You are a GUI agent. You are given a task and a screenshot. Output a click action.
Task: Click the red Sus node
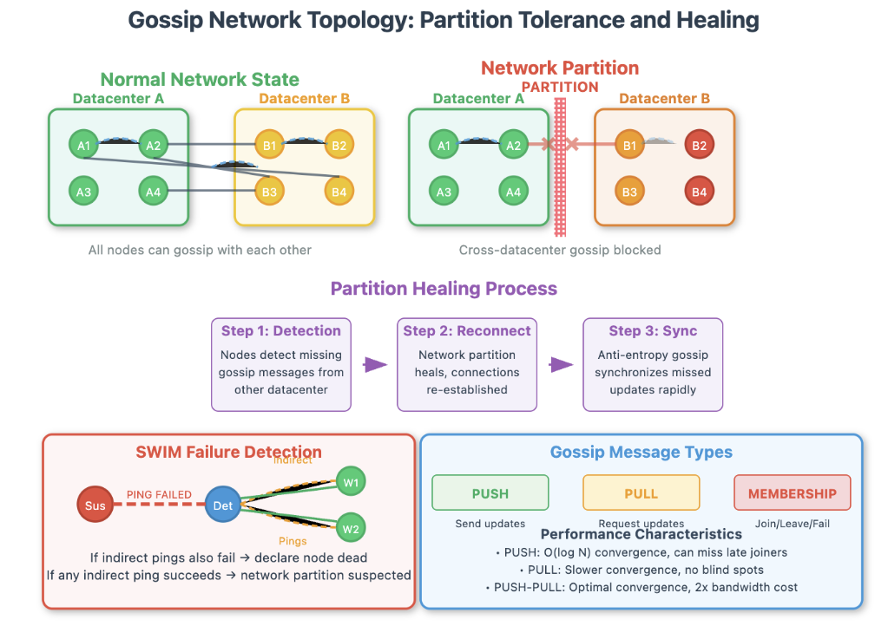click(95, 505)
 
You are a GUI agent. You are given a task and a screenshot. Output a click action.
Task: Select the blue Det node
click(222, 505)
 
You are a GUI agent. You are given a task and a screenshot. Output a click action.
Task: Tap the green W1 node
click(351, 482)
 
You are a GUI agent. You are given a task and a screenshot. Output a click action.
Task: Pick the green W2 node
click(351, 528)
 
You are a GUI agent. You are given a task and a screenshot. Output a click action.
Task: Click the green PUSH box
click(490, 493)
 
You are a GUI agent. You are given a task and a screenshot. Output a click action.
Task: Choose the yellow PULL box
click(641, 493)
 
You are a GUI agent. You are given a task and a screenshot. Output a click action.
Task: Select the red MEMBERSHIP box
click(792, 493)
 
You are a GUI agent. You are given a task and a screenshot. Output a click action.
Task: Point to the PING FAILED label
click(160, 495)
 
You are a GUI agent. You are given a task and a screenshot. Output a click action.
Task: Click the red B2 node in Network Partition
click(700, 146)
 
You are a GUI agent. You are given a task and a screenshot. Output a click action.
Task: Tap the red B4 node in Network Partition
click(700, 192)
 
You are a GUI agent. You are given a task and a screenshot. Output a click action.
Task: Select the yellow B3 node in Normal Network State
click(269, 192)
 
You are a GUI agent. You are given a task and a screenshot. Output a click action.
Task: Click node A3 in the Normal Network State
click(84, 192)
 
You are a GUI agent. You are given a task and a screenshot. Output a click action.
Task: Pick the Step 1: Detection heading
click(281, 330)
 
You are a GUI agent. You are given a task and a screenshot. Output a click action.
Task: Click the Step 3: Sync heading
click(652, 330)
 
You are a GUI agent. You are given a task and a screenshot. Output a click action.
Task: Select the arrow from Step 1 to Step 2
click(375, 365)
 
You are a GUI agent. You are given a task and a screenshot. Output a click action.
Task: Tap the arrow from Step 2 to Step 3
click(562, 365)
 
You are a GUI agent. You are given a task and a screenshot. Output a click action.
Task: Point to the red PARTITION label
click(560, 87)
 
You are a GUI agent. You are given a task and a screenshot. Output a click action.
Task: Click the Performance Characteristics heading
click(641, 534)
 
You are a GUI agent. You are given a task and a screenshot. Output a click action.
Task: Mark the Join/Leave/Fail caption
click(792, 524)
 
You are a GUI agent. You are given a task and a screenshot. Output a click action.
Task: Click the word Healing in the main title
click(707, 20)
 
